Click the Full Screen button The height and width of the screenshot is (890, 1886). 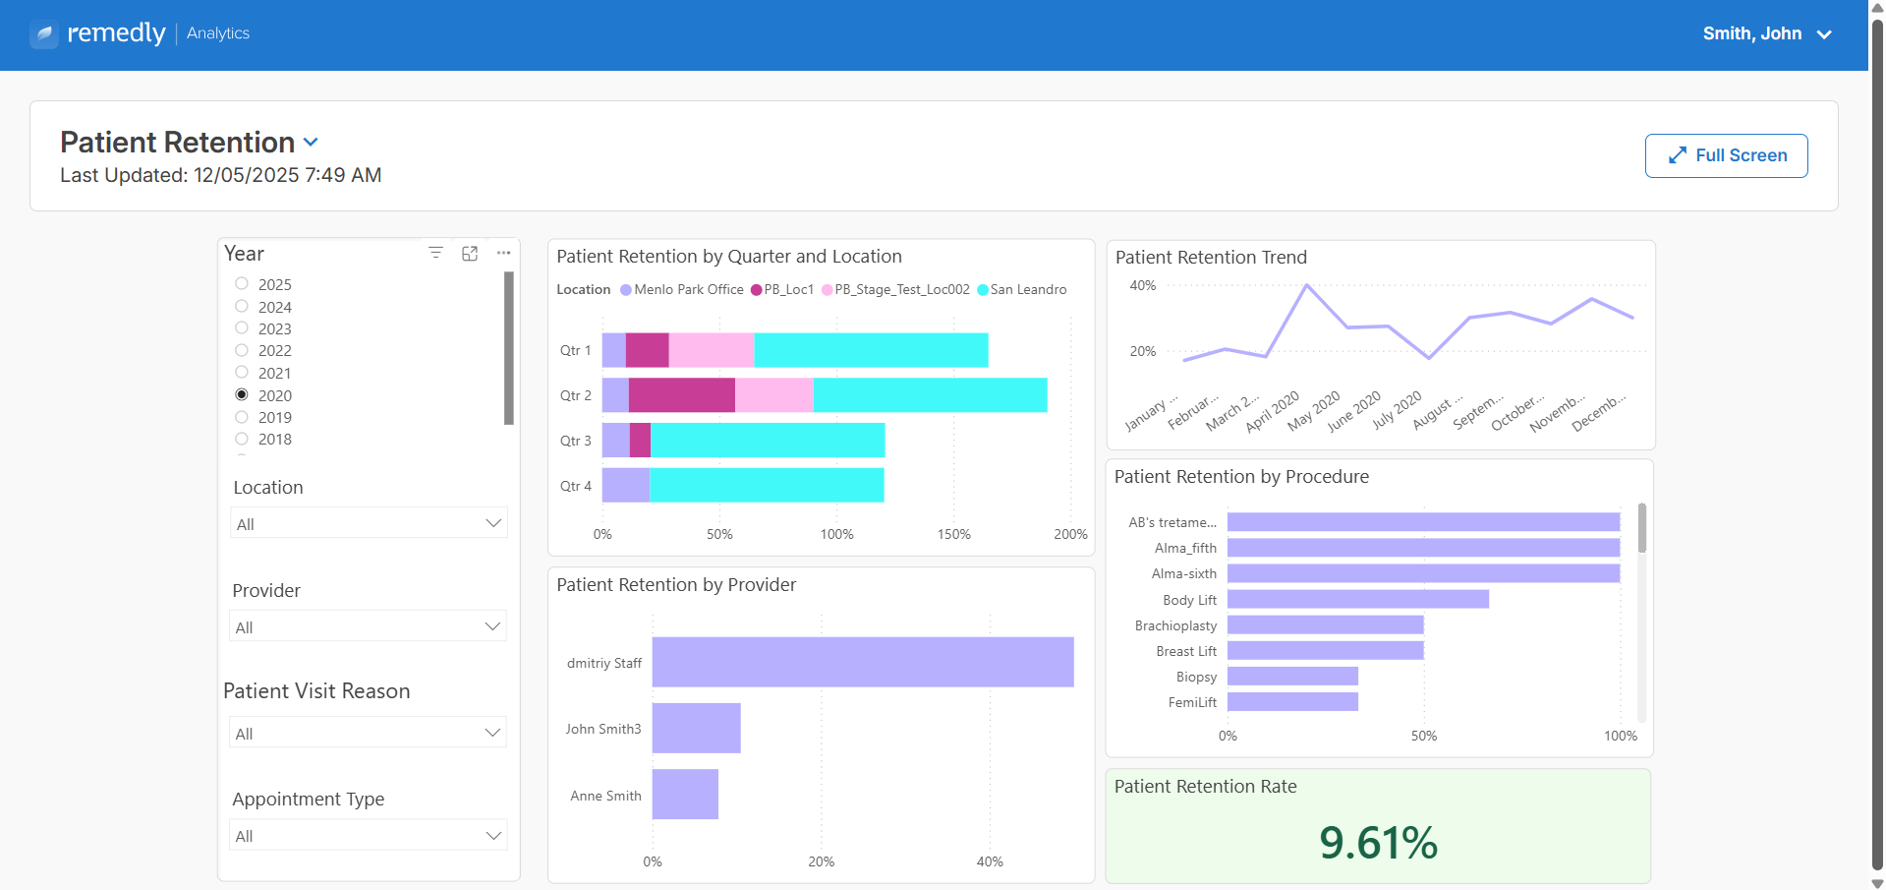coord(1726,155)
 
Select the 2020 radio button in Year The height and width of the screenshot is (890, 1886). coord(242,394)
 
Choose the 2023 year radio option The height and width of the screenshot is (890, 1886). coord(242,327)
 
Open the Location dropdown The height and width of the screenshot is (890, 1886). coord(369,523)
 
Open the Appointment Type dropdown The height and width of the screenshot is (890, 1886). coord(369,835)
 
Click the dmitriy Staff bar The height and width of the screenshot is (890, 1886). coord(863,662)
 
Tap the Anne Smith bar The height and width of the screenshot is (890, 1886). coord(685,794)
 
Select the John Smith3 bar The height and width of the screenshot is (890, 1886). coord(696,728)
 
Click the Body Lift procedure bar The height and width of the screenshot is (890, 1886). coord(1358,599)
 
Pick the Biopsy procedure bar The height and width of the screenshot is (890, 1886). coord(1292,676)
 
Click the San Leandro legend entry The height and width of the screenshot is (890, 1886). coord(1022,289)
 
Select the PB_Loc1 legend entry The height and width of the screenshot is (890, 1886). coord(782,289)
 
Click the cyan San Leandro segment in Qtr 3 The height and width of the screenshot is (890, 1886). coord(768,440)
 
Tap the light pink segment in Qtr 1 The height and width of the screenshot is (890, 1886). coord(712,350)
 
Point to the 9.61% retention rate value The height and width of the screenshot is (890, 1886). coord(1378,843)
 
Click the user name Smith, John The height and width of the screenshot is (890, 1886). coord(1752,33)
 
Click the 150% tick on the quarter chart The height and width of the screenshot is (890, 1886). coord(953,534)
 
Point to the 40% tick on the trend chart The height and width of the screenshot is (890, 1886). coord(1143,285)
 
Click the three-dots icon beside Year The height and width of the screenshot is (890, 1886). coord(503,253)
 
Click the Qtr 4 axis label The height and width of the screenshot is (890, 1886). coord(576,486)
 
